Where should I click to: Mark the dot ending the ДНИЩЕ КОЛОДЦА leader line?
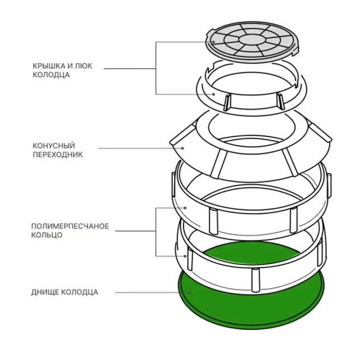point(190,292)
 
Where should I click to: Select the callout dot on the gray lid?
point(213,43)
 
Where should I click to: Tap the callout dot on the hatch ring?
point(213,94)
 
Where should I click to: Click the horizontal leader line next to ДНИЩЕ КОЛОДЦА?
point(146,292)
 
